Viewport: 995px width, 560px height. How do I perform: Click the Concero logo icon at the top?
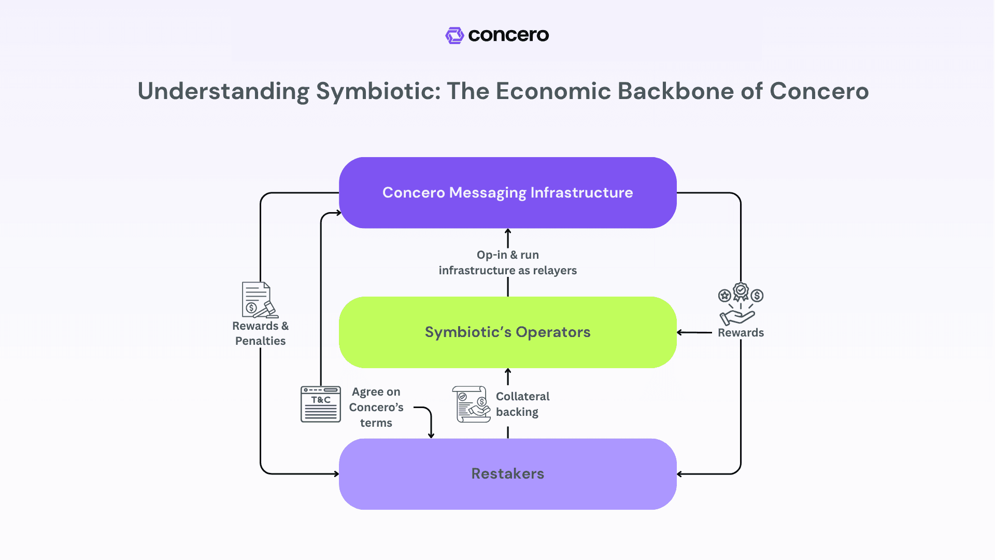(x=454, y=35)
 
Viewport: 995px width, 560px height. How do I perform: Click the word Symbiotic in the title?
(x=378, y=91)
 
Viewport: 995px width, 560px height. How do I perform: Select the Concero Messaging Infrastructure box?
(x=507, y=192)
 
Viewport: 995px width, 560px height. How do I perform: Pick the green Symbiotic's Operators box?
(x=507, y=332)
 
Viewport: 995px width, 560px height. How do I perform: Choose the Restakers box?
(x=507, y=473)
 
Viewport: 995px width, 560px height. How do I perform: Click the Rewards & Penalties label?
(x=260, y=333)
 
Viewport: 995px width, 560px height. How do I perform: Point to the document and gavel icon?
(x=260, y=300)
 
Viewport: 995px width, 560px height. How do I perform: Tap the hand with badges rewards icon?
(x=741, y=304)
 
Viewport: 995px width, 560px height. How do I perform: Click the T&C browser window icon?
(x=321, y=404)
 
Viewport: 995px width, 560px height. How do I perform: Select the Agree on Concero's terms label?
(x=376, y=407)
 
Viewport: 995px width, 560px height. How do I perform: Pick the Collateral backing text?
(x=522, y=404)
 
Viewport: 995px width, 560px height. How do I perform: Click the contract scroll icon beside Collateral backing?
(x=471, y=404)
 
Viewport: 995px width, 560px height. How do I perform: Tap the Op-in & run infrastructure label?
(x=507, y=262)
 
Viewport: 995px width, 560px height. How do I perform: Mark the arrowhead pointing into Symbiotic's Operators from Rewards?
(x=679, y=332)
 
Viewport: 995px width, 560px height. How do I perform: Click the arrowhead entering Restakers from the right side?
(x=679, y=474)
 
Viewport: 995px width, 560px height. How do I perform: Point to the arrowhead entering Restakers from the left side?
(x=336, y=474)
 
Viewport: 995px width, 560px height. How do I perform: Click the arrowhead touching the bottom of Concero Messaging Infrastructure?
(x=508, y=231)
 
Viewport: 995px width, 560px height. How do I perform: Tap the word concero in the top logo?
(x=508, y=35)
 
